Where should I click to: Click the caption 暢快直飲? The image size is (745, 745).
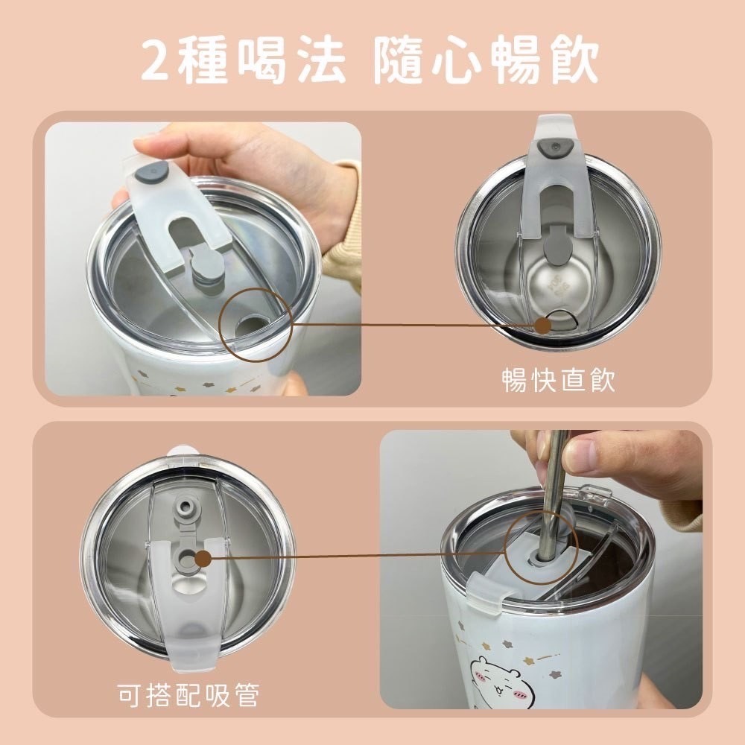point(559,380)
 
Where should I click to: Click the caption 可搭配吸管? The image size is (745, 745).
point(188,695)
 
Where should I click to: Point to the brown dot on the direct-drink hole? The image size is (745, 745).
point(543,326)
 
